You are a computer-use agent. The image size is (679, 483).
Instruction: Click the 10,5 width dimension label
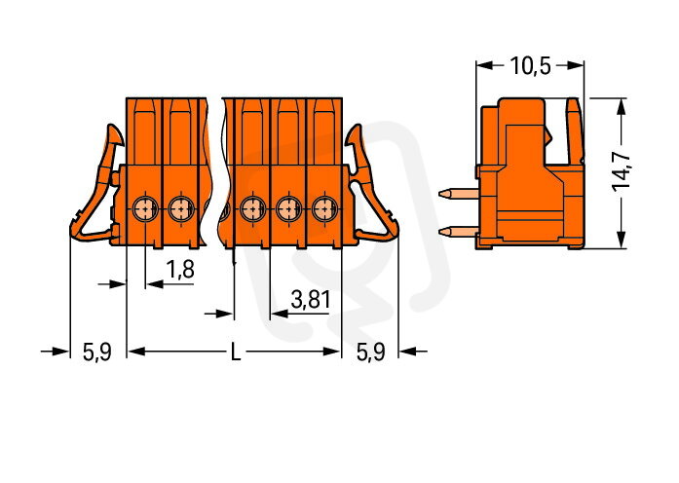(x=531, y=66)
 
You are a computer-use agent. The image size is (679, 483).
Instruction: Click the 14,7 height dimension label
(x=621, y=171)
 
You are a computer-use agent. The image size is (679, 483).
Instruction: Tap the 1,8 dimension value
(x=180, y=270)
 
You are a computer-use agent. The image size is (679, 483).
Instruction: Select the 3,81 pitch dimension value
(x=311, y=300)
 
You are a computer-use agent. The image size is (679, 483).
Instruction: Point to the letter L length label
(x=235, y=352)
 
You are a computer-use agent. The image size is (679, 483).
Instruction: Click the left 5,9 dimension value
(x=97, y=352)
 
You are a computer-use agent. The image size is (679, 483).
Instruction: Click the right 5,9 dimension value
(x=370, y=352)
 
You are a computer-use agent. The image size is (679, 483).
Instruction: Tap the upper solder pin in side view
(x=457, y=194)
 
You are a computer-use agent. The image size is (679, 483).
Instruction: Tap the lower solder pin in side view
(x=457, y=233)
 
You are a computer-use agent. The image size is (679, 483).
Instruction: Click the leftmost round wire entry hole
(x=144, y=208)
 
